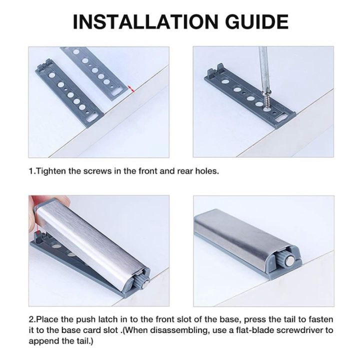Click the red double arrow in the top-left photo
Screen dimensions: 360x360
pyautogui.click(x=131, y=89)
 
